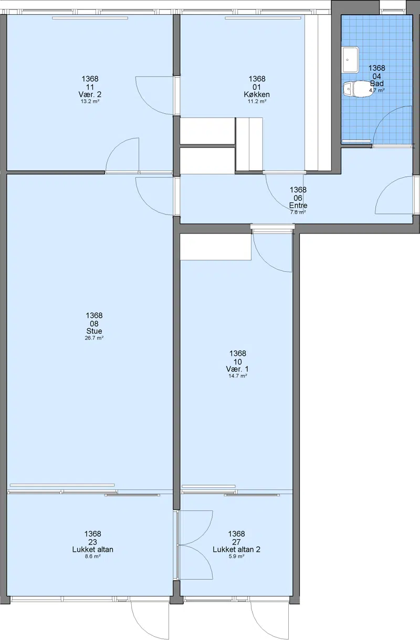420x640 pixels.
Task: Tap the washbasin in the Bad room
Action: (351, 60)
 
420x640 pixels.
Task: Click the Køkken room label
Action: (257, 94)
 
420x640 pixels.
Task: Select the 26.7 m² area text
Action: (94, 338)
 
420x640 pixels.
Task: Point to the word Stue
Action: (94, 331)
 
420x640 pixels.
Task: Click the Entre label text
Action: (298, 206)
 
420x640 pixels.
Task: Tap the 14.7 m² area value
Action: (238, 376)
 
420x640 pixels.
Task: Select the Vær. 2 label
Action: (90, 94)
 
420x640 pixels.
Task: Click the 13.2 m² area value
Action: (90, 101)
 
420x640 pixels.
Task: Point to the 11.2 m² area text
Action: (257, 101)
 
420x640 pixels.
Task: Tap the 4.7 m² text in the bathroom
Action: (376, 90)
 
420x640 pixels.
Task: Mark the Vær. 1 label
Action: (237, 369)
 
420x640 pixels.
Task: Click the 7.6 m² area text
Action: (298, 212)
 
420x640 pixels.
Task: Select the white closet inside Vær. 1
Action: (216, 247)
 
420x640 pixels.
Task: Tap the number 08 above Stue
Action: (94, 324)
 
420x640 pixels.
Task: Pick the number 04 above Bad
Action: (376, 76)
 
